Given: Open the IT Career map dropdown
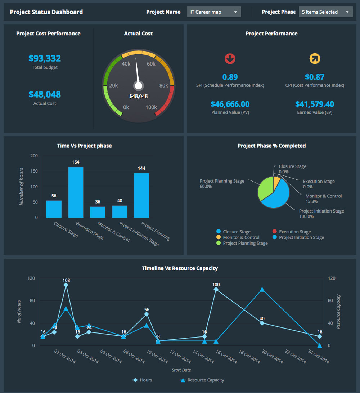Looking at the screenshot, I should point(214,12).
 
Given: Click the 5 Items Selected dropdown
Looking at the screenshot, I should point(325,12).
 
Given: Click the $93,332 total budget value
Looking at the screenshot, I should point(45,58).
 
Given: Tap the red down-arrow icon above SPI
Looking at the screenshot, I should point(230,58).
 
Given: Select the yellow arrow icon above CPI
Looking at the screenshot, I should point(315,58).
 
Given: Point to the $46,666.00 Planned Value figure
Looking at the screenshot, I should point(230,104).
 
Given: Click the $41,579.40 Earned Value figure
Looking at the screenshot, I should point(315,104).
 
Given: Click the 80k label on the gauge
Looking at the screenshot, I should point(164,86).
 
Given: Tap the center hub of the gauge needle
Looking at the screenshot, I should point(138,86).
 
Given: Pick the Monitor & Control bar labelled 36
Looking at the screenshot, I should point(98,212).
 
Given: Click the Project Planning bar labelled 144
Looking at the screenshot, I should point(141,195).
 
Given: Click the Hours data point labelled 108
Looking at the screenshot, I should point(66,285).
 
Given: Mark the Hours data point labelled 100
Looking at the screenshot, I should point(216,289).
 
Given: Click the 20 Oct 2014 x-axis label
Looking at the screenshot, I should point(273,357).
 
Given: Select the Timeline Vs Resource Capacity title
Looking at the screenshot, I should point(180,268).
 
